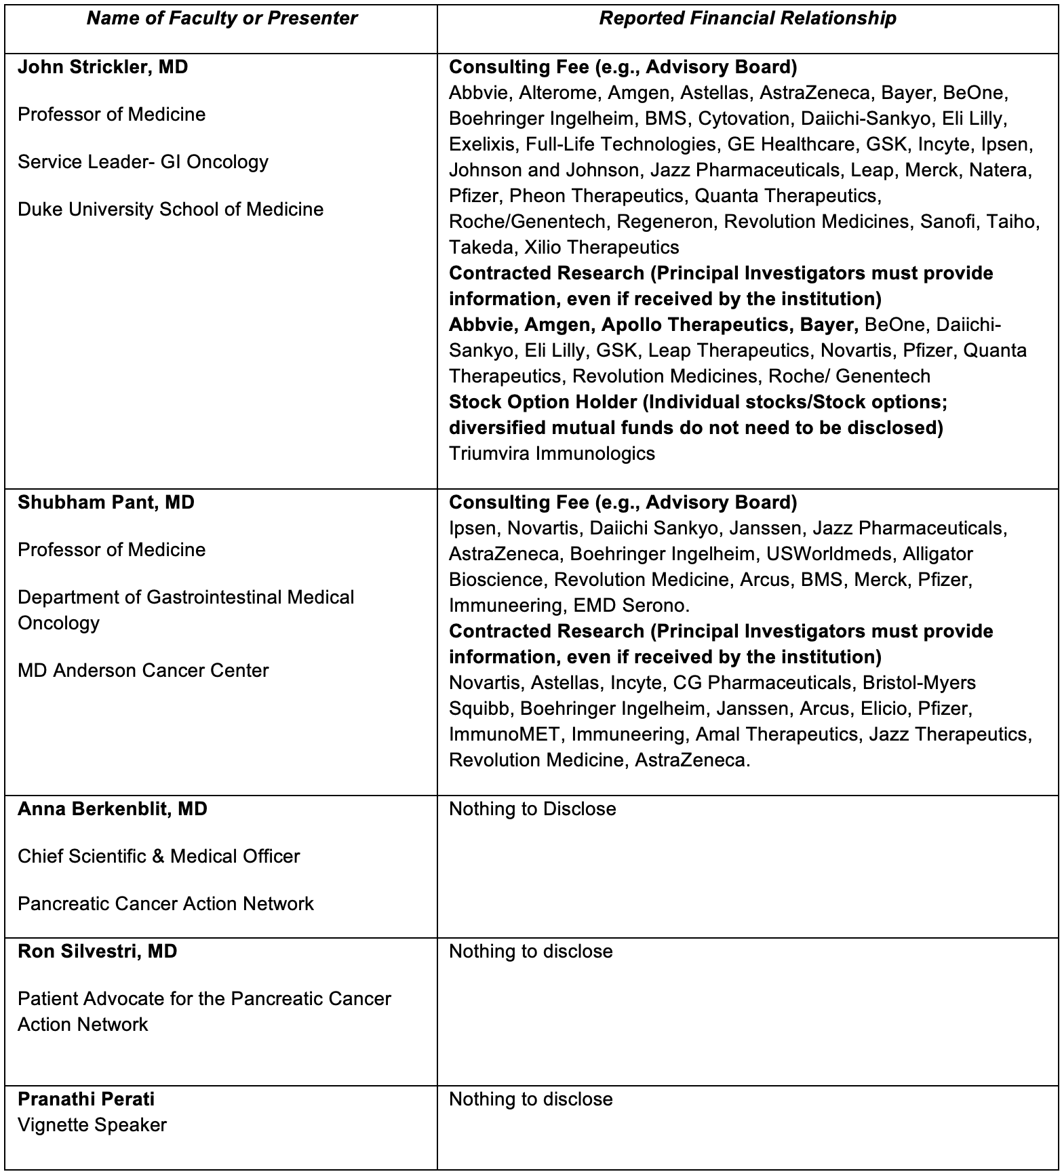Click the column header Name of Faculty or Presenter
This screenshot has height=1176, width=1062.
222,18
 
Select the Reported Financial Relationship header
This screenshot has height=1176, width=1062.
747,18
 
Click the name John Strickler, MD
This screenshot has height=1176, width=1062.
103,67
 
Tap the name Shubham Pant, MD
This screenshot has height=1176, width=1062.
106,503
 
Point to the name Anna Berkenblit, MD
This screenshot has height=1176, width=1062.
113,809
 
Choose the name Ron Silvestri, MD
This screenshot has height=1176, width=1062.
98,952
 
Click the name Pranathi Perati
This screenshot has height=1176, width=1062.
86,1099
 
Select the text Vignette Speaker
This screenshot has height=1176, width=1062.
92,1125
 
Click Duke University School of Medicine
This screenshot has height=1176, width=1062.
171,210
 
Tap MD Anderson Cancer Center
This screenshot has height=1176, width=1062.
143,671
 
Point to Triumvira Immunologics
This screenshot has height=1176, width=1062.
552,454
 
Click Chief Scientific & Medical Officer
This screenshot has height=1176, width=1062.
159,857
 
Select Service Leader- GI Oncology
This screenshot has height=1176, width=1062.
143,162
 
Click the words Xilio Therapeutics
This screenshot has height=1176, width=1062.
602,248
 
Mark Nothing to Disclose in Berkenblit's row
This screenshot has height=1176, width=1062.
532,809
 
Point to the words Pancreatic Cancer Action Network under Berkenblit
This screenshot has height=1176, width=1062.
166,904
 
